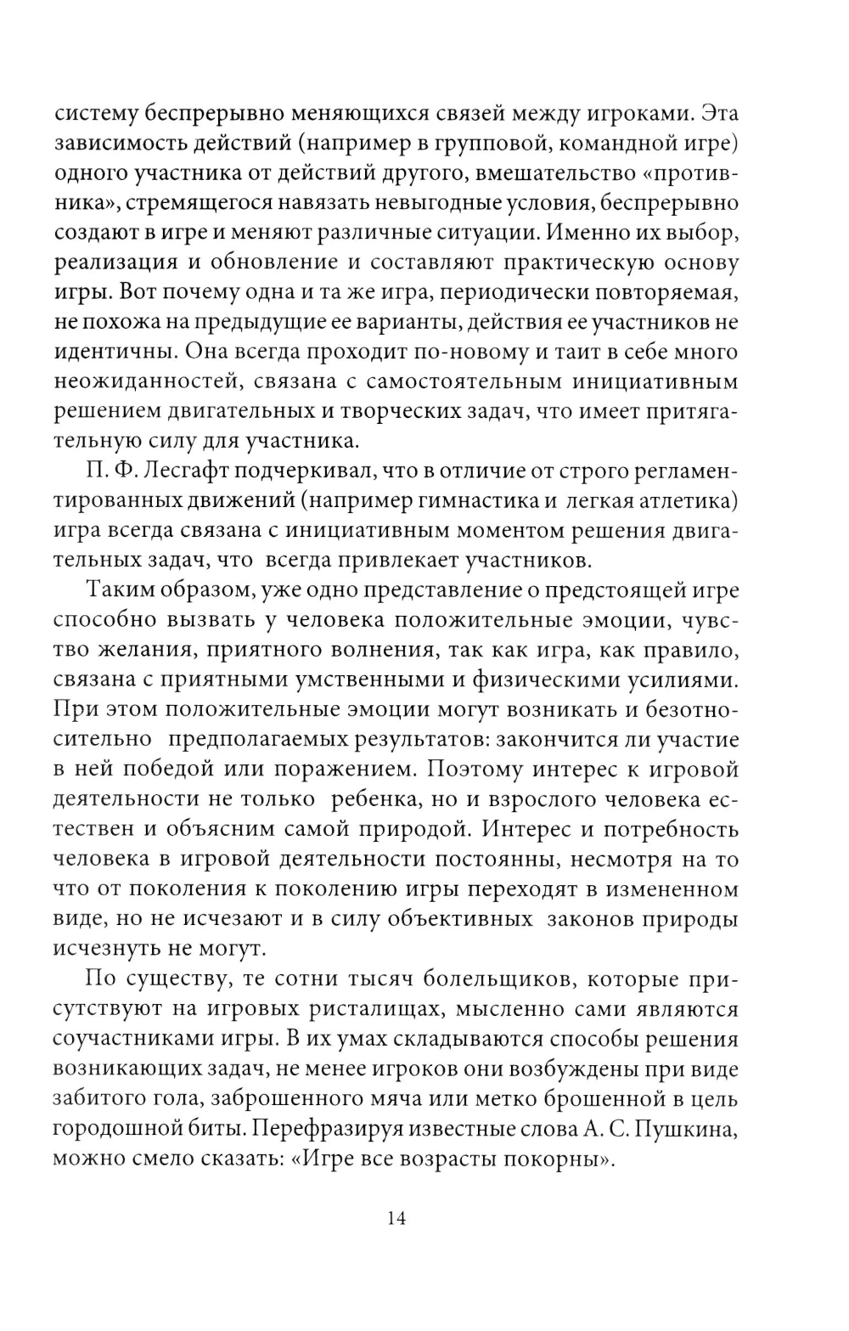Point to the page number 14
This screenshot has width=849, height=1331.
click(x=397, y=1217)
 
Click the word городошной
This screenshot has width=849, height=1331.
click(x=114, y=1130)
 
